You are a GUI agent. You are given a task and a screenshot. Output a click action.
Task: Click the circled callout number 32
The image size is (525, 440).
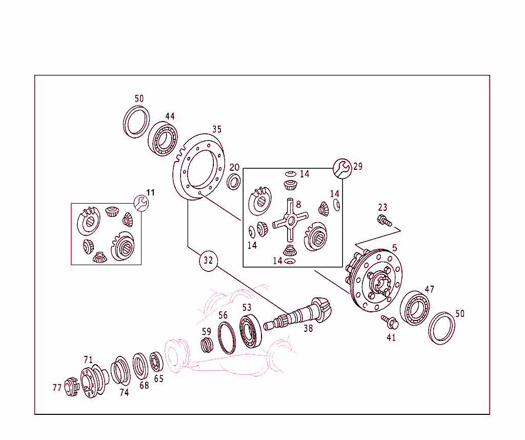click(208, 260)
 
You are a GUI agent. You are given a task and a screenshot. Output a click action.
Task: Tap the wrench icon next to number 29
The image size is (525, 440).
click(342, 168)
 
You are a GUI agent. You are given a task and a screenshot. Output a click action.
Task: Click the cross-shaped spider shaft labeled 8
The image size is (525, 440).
click(290, 220)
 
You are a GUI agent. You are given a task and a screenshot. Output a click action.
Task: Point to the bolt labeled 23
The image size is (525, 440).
click(384, 221)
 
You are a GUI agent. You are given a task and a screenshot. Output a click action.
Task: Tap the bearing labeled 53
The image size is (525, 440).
click(251, 332)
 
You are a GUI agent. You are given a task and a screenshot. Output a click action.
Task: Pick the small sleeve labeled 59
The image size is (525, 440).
click(206, 345)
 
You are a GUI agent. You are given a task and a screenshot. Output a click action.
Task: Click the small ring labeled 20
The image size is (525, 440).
click(234, 181)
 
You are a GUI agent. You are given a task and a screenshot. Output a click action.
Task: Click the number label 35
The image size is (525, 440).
click(217, 129)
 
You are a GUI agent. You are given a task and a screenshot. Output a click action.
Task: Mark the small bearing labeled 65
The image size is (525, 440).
click(156, 362)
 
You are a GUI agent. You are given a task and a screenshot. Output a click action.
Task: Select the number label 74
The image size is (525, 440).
click(124, 393)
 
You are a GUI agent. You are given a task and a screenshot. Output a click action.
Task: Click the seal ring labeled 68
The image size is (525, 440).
click(139, 365)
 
